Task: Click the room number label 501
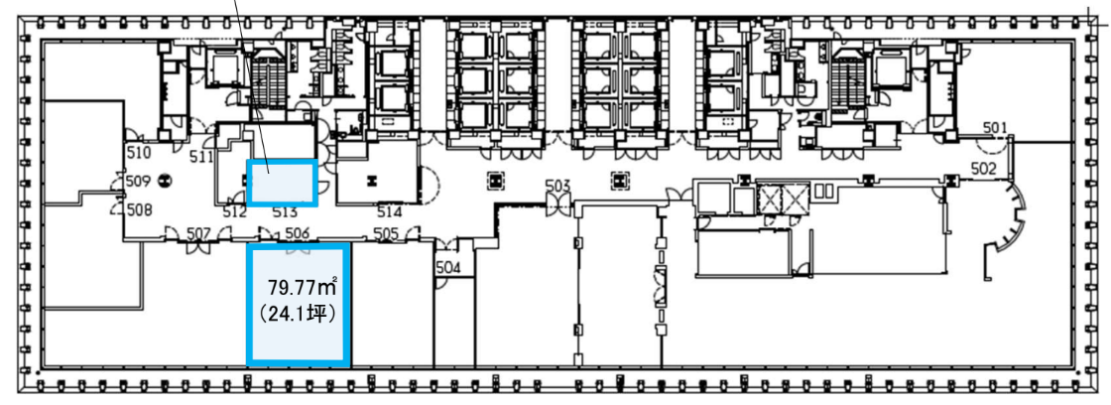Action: pyautogui.click(x=994, y=128)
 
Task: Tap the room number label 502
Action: pyautogui.click(x=984, y=169)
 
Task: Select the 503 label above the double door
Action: pyautogui.click(x=557, y=186)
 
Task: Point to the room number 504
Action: pyautogui.click(x=448, y=267)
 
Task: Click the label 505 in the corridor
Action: pyautogui.click(x=386, y=232)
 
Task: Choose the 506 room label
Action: pyautogui.click(x=298, y=232)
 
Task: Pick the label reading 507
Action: pyautogui.click(x=199, y=232)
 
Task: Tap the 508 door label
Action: pyautogui.click(x=140, y=210)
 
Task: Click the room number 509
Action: pyautogui.click(x=138, y=182)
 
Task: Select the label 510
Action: pyautogui.click(x=139, y=152)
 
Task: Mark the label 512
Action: pyautogui.click(x=234, y=211)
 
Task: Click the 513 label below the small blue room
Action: pyautogui.click(x=284, y=211)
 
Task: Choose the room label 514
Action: pyautogui.click(x=390, y=211)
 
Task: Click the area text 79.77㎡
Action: pyautogui.click(x=302, y=287)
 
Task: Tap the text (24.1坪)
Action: pyautogui.click(x=297, y=313)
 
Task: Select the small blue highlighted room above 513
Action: pyautogui.click(x=282, y=183)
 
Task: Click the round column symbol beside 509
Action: pyautogui.click(x=164, y=181)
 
